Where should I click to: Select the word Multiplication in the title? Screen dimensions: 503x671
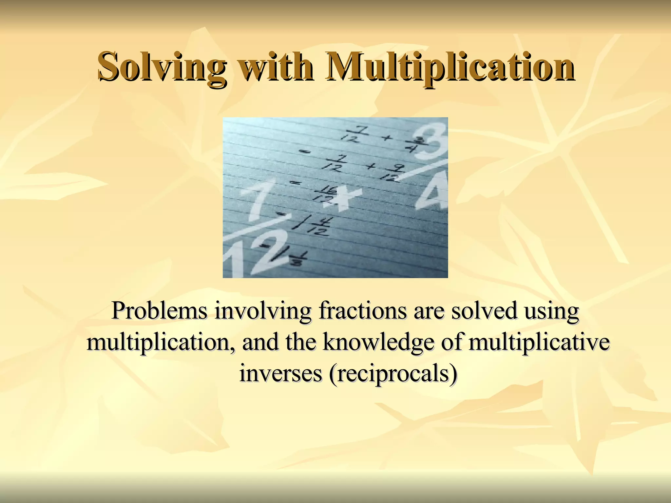tap(449, 67)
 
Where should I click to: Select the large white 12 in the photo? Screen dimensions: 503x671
tap(254, 252)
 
